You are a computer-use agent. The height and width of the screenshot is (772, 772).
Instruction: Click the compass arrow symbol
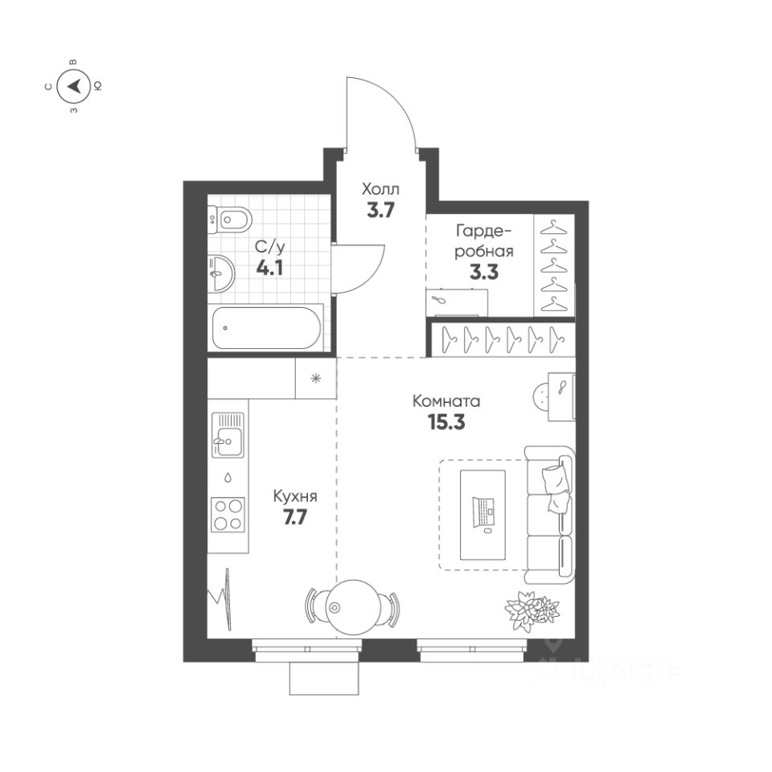tap(74, 84)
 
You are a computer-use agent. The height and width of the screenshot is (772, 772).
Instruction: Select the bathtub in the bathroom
tap(265, 327)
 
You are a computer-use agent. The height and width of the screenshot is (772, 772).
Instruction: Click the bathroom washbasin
tap(220, 273)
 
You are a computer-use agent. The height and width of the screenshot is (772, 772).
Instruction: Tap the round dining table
tap(352, 606)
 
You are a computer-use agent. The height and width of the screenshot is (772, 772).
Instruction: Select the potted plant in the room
tap(532, 607)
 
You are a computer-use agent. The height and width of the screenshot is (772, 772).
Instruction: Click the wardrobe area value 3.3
tap(484, 271)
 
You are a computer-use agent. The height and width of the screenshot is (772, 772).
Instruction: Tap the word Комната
tap(446, 400)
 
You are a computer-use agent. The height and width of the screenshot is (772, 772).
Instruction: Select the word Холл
tap(380, 190)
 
